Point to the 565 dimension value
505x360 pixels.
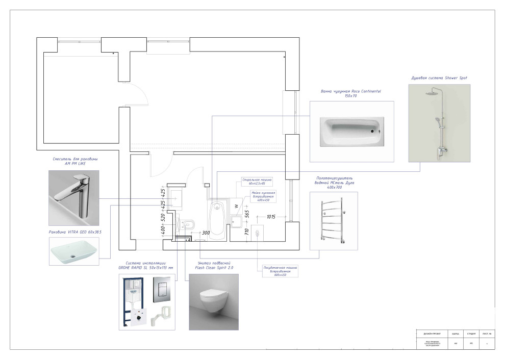(x=247, y=215)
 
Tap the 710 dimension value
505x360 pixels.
(x=247, y=233)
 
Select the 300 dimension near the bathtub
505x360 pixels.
(x=206, y=233)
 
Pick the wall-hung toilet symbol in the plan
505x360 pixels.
(x=188, y=223)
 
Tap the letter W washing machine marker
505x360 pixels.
(x=236, y=207)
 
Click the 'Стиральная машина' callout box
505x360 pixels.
(x=257, y=182)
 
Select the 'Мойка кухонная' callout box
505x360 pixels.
(x=263, y=196)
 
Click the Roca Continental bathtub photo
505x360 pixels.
(x=351, y=131)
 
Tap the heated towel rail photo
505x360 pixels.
(x=334, y=220)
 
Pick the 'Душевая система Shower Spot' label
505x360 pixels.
(x=439, y=78)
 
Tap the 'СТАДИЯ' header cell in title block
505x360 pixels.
(x=471, y=334)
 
